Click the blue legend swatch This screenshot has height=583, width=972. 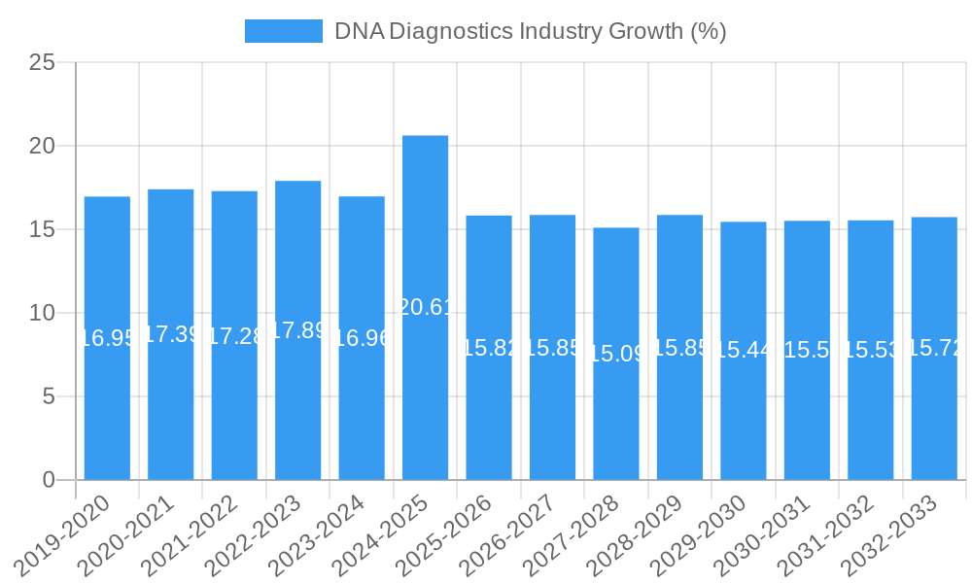pos(283,31)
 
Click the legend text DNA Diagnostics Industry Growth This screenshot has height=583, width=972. pos(530,31)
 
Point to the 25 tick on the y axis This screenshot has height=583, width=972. pos(42,63)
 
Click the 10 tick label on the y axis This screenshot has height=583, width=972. pos(42,313)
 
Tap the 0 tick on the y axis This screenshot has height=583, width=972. pos(49,480)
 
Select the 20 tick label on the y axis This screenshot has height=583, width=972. pos(42,147)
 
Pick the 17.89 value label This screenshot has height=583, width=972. pos(297,330)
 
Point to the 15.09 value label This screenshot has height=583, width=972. pos(616,354)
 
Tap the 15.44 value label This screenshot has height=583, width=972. pos(744,350)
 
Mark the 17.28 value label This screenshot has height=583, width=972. pos(234,336)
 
